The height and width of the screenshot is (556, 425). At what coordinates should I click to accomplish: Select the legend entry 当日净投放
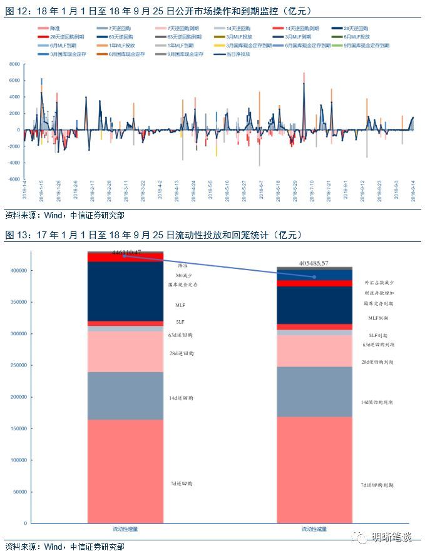click(x=237, y=54)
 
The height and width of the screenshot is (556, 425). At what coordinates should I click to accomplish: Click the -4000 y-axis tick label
click(x=13, y=163)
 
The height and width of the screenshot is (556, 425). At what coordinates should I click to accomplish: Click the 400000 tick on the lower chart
click(x=17, y=270)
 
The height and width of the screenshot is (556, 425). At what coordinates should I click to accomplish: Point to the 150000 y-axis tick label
click(x=17, y=428)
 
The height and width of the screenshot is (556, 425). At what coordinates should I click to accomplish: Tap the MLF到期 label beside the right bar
click(x=375, y=318)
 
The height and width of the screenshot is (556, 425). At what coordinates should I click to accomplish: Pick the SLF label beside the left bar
click(x=180, y=322)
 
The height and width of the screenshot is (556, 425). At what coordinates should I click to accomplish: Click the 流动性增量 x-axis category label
click(x=125, y=529)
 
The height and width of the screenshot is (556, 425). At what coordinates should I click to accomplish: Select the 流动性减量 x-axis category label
click(x=315, y=529)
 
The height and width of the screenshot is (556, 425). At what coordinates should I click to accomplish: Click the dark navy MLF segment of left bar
click(x=125, y=291)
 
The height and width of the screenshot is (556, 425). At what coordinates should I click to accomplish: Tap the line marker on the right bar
click(x=315, y=277)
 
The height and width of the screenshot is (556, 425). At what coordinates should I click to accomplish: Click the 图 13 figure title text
click(x=153, y=235)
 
